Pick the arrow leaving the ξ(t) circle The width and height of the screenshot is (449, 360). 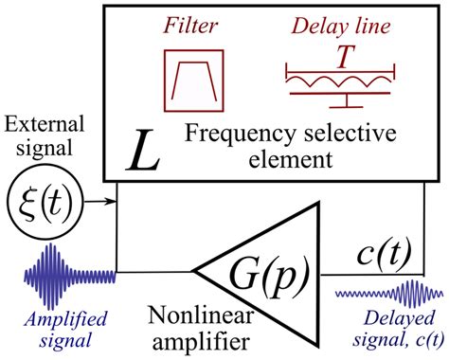point(98,200)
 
